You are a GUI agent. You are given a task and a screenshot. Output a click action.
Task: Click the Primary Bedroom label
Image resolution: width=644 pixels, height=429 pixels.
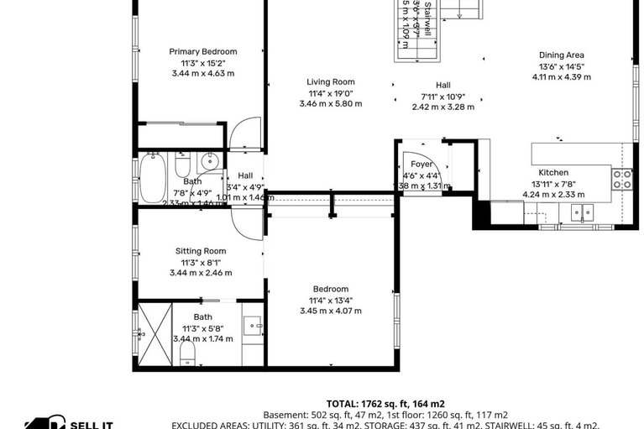click(x=202, y=51)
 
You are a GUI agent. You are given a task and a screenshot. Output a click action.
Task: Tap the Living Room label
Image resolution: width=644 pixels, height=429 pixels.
click(x=330, y=82)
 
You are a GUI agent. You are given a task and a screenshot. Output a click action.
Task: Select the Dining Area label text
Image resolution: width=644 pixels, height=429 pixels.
click(x=562, y=55)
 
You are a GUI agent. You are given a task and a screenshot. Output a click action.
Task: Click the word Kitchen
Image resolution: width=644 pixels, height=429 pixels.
click(x=553, y=172)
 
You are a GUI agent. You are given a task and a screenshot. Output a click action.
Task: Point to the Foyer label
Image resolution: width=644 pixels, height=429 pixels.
click(x=421, y=165)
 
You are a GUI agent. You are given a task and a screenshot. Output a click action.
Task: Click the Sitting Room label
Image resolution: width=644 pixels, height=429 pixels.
click(x=201, y=251)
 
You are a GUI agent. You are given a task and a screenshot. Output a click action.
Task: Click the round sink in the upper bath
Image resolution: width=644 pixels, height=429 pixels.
click(x=211, y=162)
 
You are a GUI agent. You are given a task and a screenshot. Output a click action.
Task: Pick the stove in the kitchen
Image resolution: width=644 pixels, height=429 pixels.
click(x=622, y=178)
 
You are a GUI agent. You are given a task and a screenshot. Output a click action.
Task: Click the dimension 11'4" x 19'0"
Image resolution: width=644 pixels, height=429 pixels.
click(x=330, y=93)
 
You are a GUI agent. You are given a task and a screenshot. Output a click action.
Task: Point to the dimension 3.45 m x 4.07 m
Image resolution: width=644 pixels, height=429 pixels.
click(x=330, y=311)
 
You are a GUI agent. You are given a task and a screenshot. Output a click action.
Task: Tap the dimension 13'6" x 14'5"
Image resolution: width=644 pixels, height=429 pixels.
click(x=562, y=66)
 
